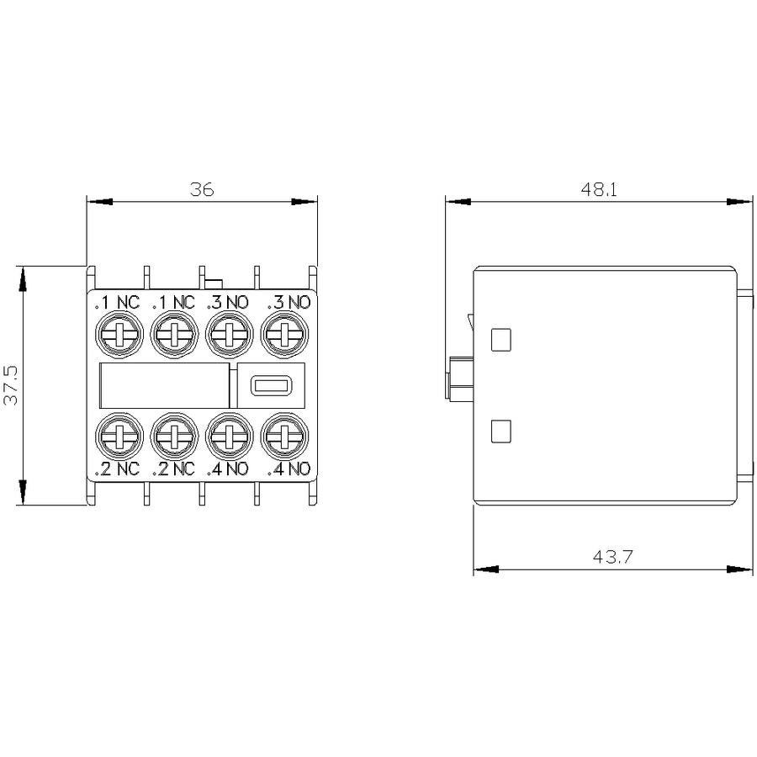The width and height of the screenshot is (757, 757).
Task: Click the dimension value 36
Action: pos(202,189)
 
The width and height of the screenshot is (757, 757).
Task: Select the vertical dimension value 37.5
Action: pos(11,384)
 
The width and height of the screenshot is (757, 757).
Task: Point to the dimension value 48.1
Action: pos(599,189)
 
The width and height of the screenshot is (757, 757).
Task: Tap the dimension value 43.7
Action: pos(612,557)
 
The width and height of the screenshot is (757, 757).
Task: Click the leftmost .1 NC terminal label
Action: pos(117,303)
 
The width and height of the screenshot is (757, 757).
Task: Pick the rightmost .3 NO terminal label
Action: pos(289,303)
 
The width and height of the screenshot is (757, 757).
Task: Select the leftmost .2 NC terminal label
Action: pos(117,468)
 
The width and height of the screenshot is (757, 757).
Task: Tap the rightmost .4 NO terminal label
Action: pos(289,468)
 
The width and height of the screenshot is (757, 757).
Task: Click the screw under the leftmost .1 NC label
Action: pos(119,335)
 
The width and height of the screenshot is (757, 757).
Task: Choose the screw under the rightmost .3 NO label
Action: pos(285,335)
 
